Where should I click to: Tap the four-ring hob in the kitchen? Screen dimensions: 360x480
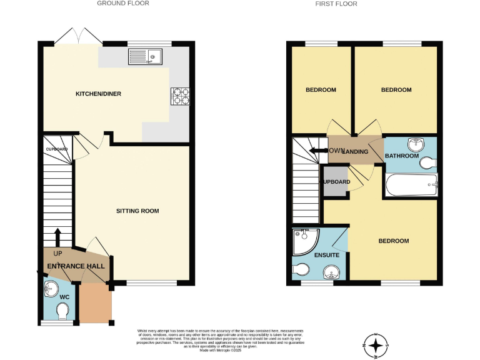click(181, 95)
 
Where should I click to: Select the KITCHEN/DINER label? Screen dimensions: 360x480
click(98, 94)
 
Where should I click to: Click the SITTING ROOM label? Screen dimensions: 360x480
click(137, 211)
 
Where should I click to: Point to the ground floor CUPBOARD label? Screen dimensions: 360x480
click(56, 149)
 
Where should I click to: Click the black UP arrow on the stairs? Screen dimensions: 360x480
click(57, 237)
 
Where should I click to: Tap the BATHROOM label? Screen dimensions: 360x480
click(401, 155)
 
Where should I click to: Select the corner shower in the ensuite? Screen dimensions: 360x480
click(305, 240)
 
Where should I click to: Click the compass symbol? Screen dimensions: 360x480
click(375, 345)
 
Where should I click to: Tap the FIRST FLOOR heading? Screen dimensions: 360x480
click(337, 4)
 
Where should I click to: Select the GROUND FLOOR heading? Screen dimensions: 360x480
click(123, 4)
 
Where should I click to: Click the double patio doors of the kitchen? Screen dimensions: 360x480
click(79, 36)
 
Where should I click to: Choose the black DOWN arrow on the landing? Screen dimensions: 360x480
click(320, 151)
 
